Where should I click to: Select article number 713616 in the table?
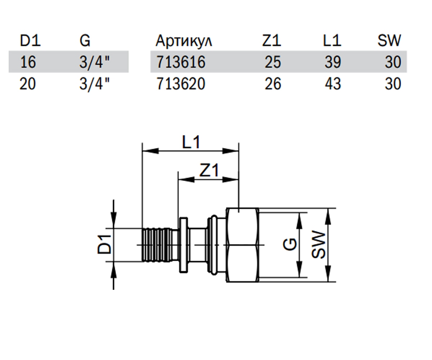tap(181, 62)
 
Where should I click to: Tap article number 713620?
tap(181, 84)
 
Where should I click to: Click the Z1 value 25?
tap(273, 62)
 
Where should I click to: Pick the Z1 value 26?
tap(273, 84)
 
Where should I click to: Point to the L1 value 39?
tap(333, 62)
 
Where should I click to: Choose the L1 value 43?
tap(333, 84)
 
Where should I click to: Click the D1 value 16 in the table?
tap(28, 62)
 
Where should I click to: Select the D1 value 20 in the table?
tap(28, 84)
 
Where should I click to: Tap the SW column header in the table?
tap(390, 40)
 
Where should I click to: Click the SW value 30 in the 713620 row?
tap(393, 84)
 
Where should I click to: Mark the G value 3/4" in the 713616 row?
tap(94, 62)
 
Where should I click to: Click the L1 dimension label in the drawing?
tap(191, 142)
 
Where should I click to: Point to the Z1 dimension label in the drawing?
tap(209, 170)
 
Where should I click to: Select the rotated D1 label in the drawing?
tap(104, 244)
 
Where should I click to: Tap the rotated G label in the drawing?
tap(290, 244)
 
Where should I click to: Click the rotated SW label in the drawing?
tap(318, 244)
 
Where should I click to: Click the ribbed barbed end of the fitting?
tap(157, 245)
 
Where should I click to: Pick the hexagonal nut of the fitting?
tap(243, 245)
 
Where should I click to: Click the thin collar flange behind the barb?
tap(184, 245)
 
